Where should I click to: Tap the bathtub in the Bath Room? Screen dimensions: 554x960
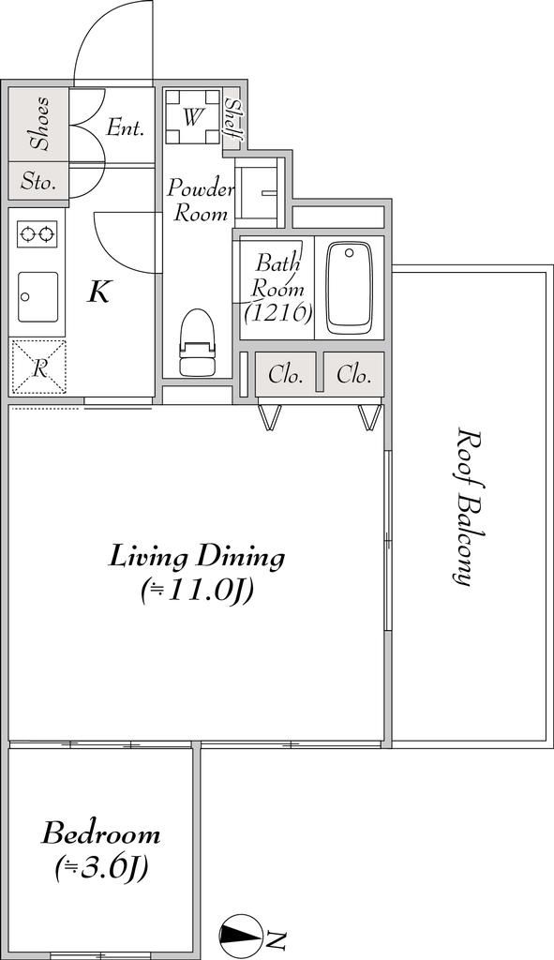tap(350, 288)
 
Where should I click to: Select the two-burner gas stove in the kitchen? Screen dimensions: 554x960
tap(37, 233)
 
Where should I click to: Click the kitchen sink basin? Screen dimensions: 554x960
tap(37, 297)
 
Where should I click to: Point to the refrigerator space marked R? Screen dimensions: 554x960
tap(38, 367)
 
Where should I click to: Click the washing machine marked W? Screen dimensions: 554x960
tap(193, 116)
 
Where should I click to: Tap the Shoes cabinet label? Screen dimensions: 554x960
tap(41, 123)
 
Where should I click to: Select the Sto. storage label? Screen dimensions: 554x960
tap(37, 182)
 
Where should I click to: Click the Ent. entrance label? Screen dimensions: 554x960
tap(125, 127)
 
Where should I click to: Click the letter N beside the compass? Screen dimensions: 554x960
tap(277, 937)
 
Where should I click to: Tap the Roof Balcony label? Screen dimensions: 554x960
tap(469, 507)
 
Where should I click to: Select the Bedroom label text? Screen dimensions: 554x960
tap(101, 834)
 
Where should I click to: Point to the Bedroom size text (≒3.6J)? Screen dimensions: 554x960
tap(101, 867)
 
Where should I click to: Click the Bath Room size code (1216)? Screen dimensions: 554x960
tap(278, 313)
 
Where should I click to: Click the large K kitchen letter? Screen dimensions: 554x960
tap(98, 293)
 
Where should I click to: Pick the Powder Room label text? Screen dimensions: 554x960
tap(201, 201)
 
